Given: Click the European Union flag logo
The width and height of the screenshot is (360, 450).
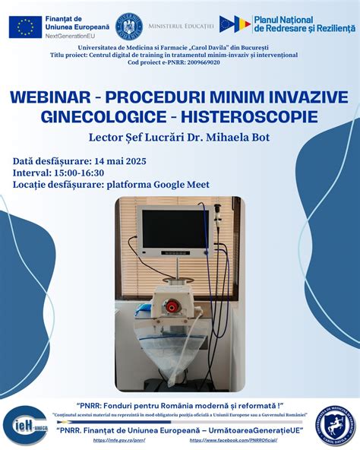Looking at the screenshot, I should click(25, 27).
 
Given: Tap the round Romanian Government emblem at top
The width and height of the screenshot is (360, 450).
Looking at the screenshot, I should click(128, 27).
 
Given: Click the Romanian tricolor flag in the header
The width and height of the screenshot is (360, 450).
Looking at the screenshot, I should click(241, 24).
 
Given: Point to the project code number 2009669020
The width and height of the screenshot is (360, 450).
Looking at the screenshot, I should click(200, 62).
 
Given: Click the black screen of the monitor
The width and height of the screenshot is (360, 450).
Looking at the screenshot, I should click(174, 230).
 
